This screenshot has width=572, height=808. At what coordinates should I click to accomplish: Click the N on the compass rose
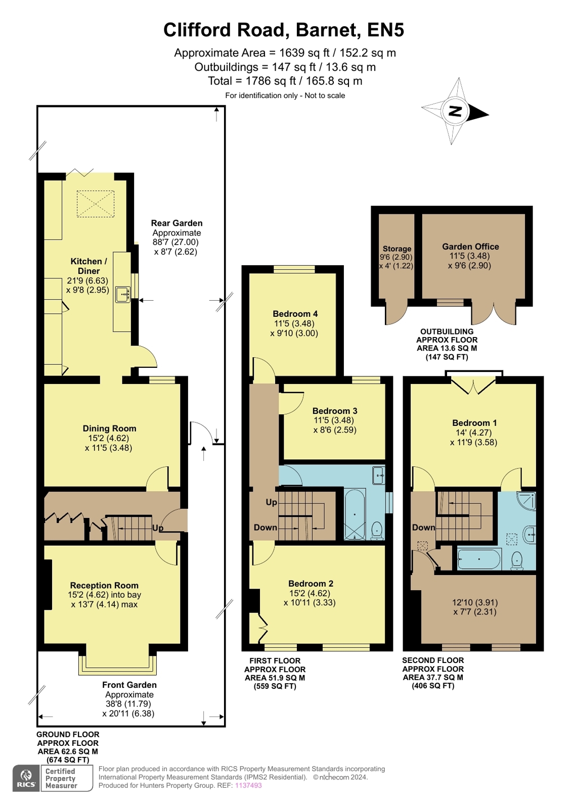[455, 111]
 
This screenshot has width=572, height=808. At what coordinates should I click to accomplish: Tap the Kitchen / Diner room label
[89, 266]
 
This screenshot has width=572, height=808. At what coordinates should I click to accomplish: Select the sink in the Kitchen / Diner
[123, 294]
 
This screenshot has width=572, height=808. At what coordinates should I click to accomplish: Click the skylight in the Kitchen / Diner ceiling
[95, 204]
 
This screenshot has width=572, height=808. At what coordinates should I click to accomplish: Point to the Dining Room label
[109, 428]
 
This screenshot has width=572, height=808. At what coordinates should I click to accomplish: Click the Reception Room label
[104, 585]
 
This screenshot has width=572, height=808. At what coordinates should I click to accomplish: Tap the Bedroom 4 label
[295, 313]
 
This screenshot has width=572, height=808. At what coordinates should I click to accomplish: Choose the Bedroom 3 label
[335, 410]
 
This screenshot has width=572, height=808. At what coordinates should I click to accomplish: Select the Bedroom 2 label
[311, 583]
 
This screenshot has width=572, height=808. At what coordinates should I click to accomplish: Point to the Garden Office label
[470, 247]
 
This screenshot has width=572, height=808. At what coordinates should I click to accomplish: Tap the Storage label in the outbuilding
[397, 249]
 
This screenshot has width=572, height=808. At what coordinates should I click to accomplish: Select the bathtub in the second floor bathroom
[479, 559]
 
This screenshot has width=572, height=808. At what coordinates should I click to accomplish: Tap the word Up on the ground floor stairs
[157, 528]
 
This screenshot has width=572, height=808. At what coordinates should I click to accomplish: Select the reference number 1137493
[248, 785]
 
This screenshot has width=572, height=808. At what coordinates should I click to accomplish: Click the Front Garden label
[129, 685]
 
